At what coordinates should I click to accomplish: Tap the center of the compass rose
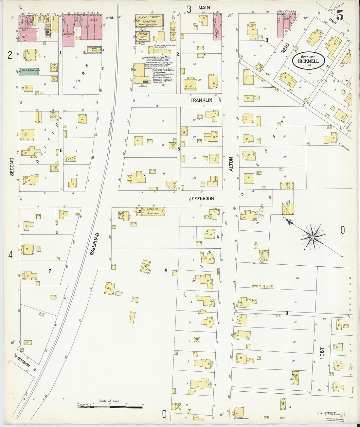tap(313, 237)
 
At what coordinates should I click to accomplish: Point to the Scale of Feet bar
tap(110, 406)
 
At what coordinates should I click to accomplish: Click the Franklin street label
tap(202, 100)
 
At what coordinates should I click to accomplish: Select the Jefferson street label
tap(201, 199)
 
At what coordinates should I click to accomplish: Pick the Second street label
tap(12, 167)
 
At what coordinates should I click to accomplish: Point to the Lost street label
tap(322, 353)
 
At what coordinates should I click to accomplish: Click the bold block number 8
tap(166, 271)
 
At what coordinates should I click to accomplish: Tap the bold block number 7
tap(50, 271)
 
